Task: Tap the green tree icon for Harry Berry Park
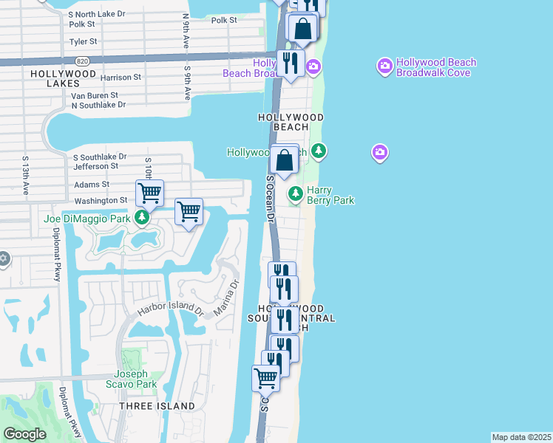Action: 296,194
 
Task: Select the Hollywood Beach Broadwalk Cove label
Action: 436,68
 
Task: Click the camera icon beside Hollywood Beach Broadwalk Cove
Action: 384,67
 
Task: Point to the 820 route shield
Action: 83,61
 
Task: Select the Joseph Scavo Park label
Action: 135,379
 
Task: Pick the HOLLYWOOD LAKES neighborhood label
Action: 64,79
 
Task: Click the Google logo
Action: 25,434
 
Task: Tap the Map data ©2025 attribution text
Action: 521,437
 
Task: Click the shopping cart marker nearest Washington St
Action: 149,193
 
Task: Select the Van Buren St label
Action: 95,95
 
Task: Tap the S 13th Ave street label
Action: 25,175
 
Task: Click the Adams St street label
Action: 92,185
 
